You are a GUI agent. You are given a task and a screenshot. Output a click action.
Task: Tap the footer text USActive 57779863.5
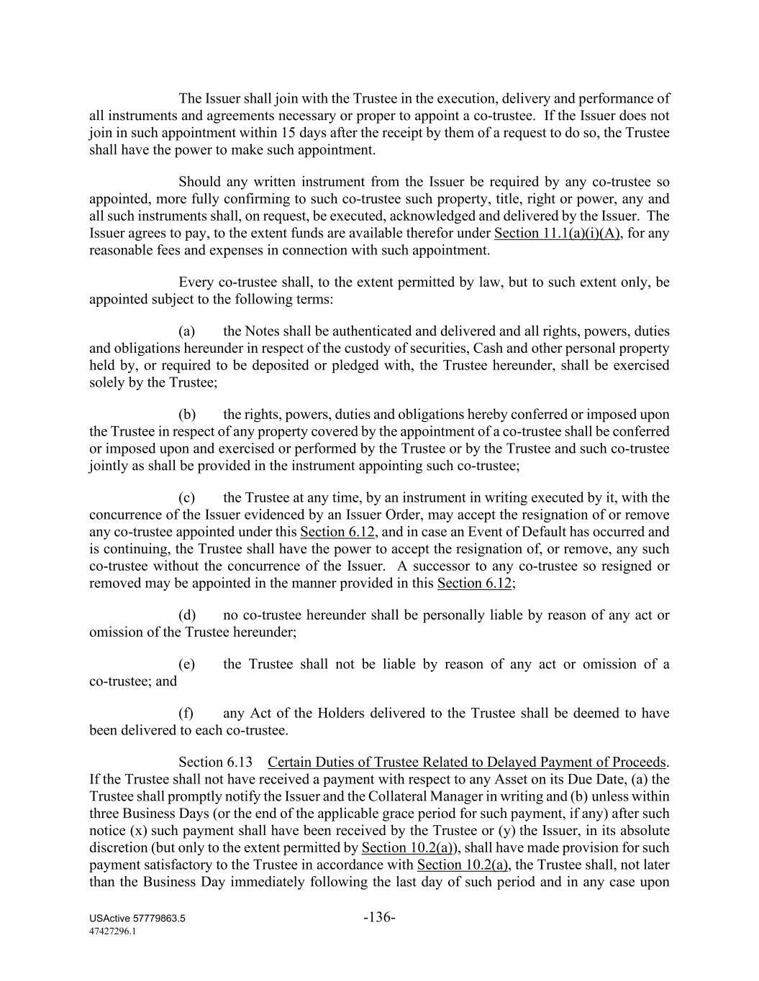pos(137,919)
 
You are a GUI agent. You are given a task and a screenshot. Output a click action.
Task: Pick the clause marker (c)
pos(187,497)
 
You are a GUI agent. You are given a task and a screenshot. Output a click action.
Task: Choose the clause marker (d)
pos(187,615)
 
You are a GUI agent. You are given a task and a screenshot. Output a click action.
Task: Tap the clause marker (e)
pos(187,664)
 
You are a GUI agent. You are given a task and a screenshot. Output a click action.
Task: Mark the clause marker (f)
pos(186,713)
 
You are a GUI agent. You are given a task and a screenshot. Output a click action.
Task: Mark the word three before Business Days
pos(106,814)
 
